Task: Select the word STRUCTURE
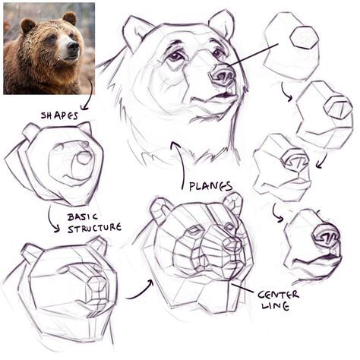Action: point(95,228)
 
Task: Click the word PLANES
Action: point(211,185)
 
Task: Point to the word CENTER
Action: point(278,294)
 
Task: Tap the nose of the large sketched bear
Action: point(223,75)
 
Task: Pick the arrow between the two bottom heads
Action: point(139,289)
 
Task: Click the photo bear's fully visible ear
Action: point(68,17)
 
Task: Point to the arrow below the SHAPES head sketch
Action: point(53,220)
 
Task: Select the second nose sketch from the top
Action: point(325,114)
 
